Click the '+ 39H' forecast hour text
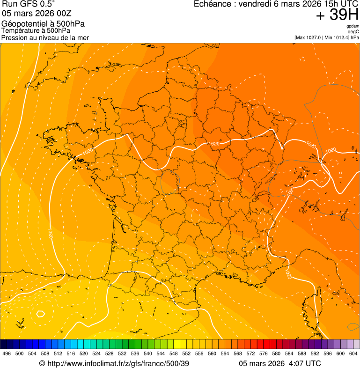pyautogui.click(x=337, y=15)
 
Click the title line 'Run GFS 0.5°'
pyautogui.click(x=29, y=4)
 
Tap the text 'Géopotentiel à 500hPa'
pyautogui.click(x=43, y=24)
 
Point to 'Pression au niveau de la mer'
pyautogui.click(x=45, y=37)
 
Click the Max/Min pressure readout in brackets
pyautogui.click(x=326, y=37)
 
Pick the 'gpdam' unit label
pyautogui.click(x=353, y=26)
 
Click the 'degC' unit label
pyautogui.click(x=353, y=32)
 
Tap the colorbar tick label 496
pyautogui.click(x=7, y=353)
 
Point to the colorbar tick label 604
pyautogui.click(x=353, y=353)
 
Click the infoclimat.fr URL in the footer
pyautogui.click(x=114, y=363)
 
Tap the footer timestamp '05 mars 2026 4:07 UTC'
pyautogui.click(x=280, y=363)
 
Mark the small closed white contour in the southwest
pyautogui.click(x=40, y=314)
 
